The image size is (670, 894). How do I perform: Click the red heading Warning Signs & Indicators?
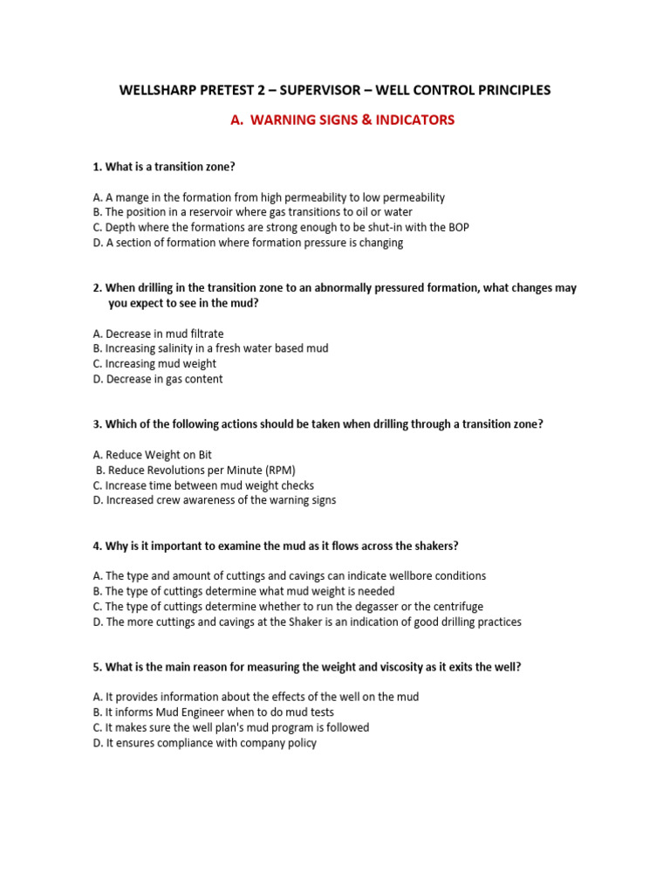click(x=342, y=120)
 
